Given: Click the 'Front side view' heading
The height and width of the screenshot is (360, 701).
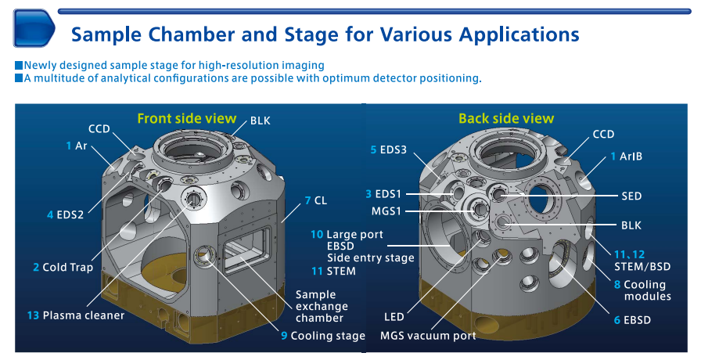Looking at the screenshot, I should point(186,118).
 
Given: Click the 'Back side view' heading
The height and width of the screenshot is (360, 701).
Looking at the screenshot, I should point(505,118).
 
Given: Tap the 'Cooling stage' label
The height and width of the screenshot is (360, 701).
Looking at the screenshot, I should point(327,336).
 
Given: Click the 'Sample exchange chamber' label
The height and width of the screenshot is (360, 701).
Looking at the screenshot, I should point(321,306).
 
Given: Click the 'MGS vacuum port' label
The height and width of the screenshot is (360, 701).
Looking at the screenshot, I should point(427,336).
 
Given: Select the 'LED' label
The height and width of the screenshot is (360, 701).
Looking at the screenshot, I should point(394,317).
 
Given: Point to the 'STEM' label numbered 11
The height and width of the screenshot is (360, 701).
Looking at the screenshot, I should point(340,271).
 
